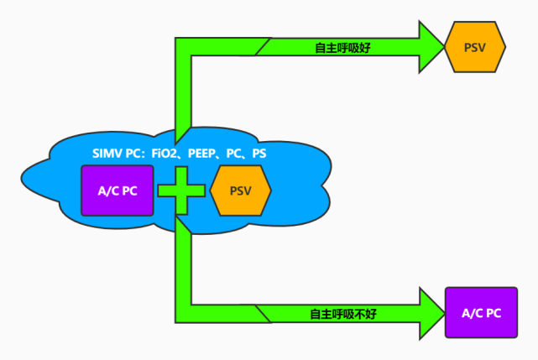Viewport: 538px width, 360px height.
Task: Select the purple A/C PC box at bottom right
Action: (x=482, y=313)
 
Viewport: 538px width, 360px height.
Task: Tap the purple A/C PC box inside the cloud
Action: (x=118, y=190)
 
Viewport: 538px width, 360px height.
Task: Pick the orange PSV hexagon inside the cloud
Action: (x=240, y=190)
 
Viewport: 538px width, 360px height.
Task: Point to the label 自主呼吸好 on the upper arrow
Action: (x=342, y=48)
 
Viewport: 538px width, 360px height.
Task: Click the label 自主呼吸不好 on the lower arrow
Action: (x=344, y=314)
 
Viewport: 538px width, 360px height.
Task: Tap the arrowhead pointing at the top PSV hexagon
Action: (x=431, y=47)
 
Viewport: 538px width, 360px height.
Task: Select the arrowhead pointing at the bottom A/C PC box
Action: (x=431, y=313)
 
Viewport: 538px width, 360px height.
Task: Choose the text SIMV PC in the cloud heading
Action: (x=115, y=154)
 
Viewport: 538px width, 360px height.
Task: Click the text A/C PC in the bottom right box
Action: (x=482, y=313)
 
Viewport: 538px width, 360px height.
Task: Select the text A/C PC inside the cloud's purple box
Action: (x=118, y=190)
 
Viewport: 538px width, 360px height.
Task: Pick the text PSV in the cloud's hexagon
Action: (x=240, y=190)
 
